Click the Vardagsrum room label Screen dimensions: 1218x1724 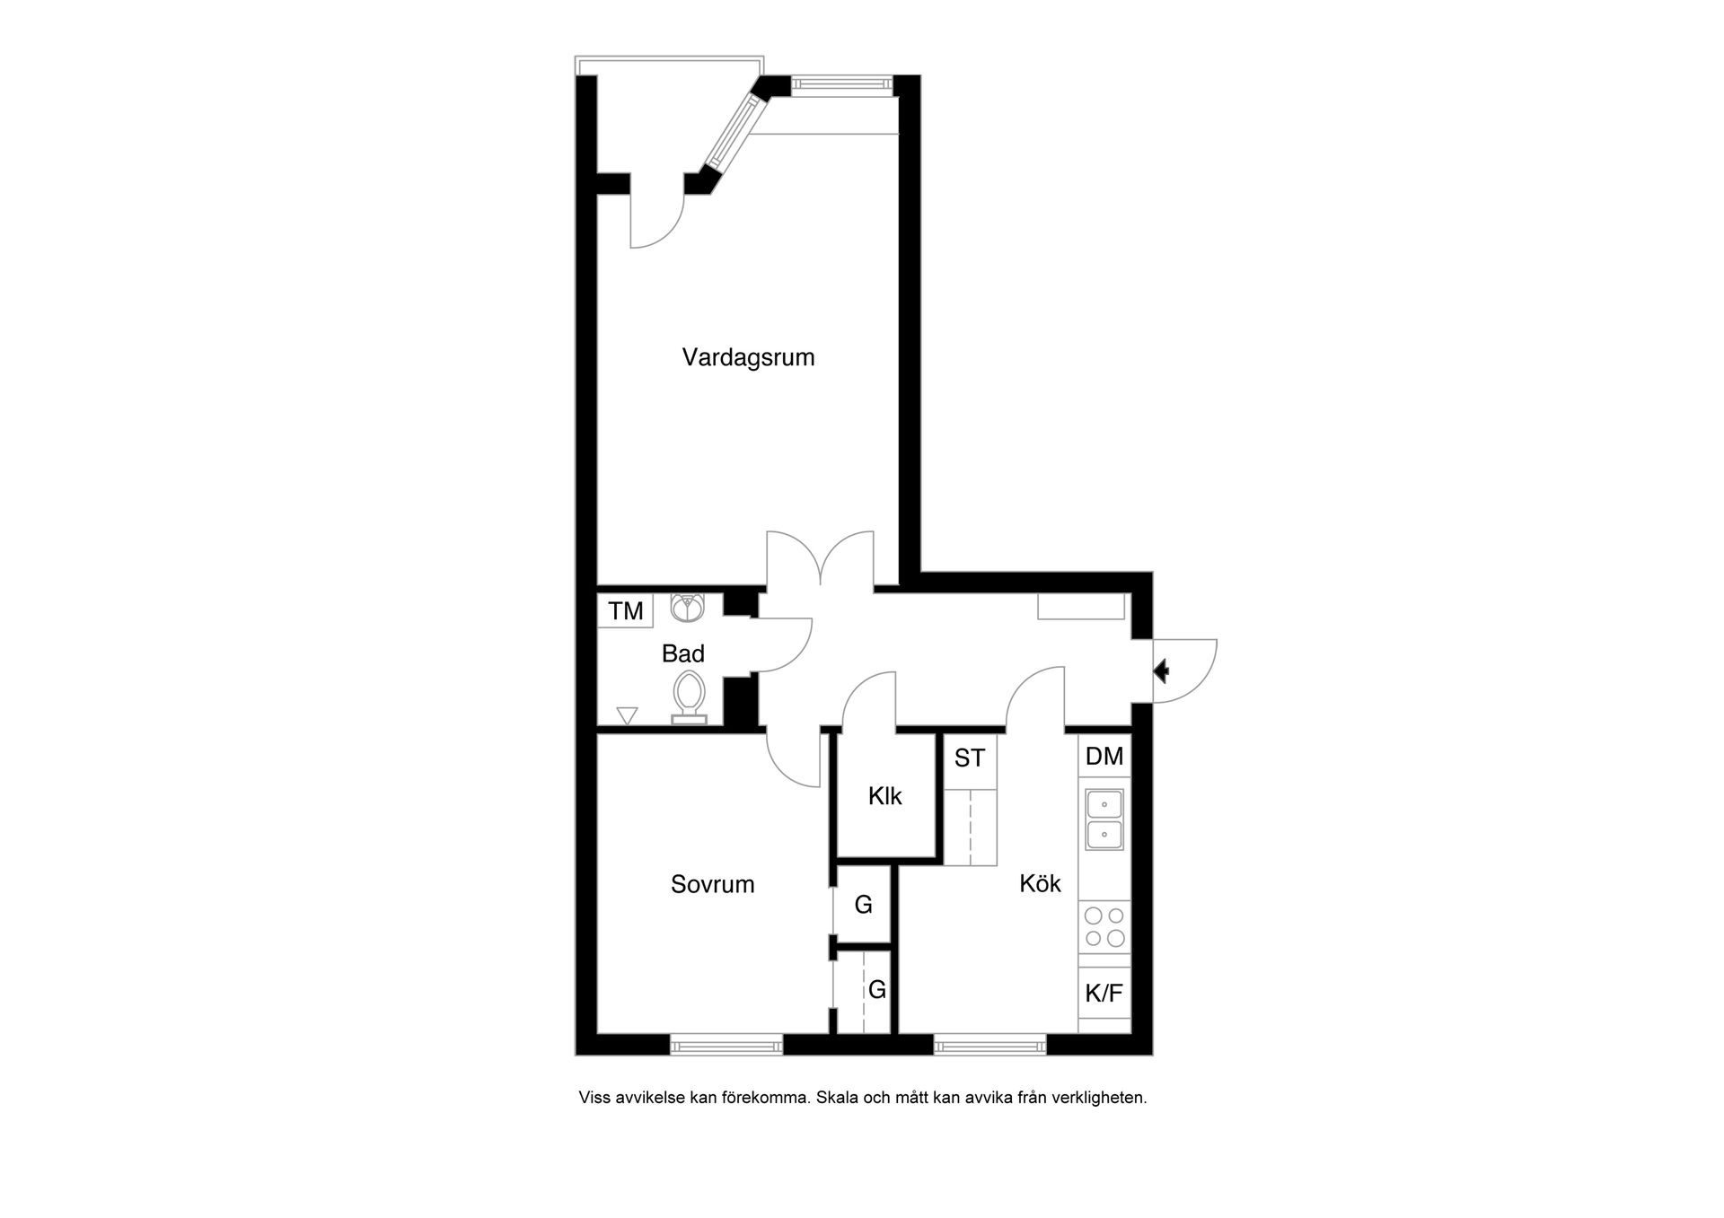[748, 357]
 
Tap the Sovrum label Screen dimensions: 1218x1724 [712, 884]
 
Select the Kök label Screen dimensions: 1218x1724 [1040, 883]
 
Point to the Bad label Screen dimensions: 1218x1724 [682, 653]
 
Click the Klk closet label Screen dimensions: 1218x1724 [884, 796]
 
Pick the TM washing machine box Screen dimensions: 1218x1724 [626, 611]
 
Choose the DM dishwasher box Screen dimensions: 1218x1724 [1104, 757]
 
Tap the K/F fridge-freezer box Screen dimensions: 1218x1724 [1104, 994]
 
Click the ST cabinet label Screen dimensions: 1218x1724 [970, 758]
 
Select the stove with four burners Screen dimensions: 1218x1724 [1104, 927]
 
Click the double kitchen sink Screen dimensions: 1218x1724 [1104, 819]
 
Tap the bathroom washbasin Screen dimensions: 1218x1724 [688, 607]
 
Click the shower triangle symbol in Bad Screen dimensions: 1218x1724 [627, 715]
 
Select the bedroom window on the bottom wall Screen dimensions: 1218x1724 [726, 1044]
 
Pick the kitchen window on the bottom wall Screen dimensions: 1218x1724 [990, 1044]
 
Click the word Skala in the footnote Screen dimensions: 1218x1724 [837, 1098]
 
